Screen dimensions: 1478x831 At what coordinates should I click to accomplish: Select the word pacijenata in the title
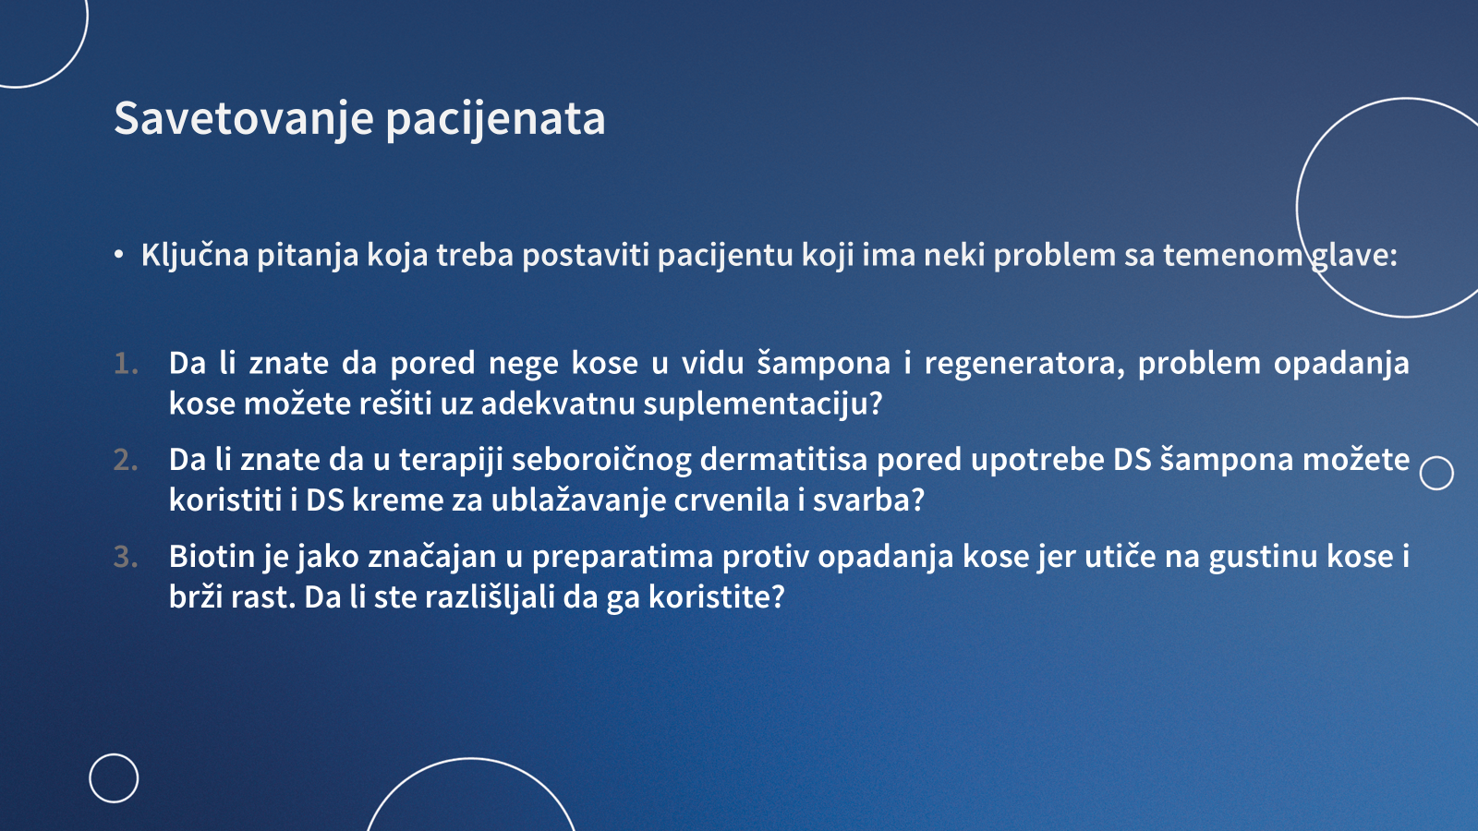[x=495, y=119]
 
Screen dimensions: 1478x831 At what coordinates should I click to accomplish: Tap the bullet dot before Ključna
[x=119, y=255]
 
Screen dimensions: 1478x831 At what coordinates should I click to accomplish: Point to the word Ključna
[x=195, y=255]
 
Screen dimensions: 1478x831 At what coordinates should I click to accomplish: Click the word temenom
[x=1232, y=255]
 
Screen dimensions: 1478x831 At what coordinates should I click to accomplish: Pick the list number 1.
[x=126, y=364]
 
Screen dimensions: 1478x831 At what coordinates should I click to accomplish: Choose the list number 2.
[x=126, y=460]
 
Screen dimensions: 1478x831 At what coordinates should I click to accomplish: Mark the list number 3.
[x=126, y=557]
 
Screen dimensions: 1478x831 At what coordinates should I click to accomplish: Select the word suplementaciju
[x=763, y=403]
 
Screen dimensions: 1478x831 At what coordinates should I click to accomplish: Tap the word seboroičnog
[x=601, y=461]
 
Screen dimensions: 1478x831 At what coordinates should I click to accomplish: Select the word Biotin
[x=212, y=556]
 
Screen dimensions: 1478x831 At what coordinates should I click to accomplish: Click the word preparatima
[x=623, y=558]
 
